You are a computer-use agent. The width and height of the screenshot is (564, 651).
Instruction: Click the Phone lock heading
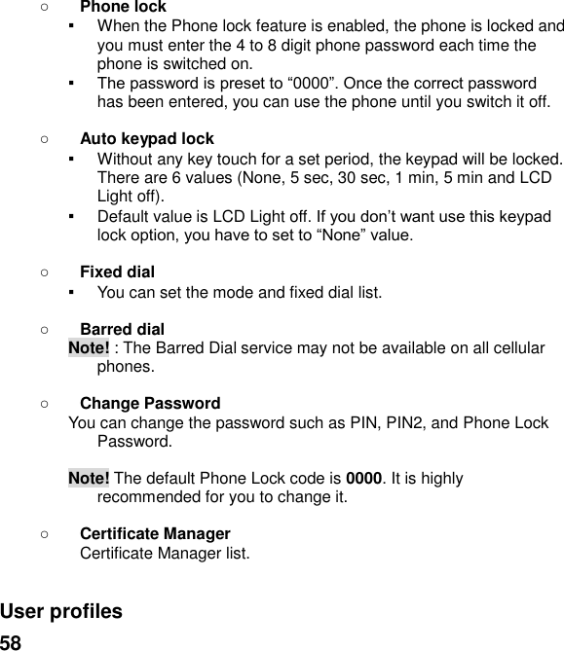point(123,7)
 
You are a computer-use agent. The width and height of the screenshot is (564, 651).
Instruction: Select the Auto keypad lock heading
point(146,139)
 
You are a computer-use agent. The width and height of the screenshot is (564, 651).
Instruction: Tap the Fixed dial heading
point(117,271)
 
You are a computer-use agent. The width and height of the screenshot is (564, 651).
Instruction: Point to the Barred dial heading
point(122,329)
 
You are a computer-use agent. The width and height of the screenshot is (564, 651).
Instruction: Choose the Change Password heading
point(149,403)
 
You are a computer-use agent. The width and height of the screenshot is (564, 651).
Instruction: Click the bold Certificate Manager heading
point(155,534)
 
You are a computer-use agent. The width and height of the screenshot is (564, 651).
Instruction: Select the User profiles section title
point(61,612)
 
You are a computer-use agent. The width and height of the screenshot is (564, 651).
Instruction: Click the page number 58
point(11,642)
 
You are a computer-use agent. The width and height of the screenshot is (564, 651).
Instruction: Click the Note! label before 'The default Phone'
point(89,479)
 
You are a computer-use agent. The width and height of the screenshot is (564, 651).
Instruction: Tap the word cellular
point(513,348)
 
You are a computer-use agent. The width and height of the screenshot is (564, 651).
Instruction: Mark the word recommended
point(148,498)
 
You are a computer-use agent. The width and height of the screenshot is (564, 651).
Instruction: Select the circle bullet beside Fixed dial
point(46,271)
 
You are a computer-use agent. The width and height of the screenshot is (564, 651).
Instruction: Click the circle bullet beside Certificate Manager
point(46,534)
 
